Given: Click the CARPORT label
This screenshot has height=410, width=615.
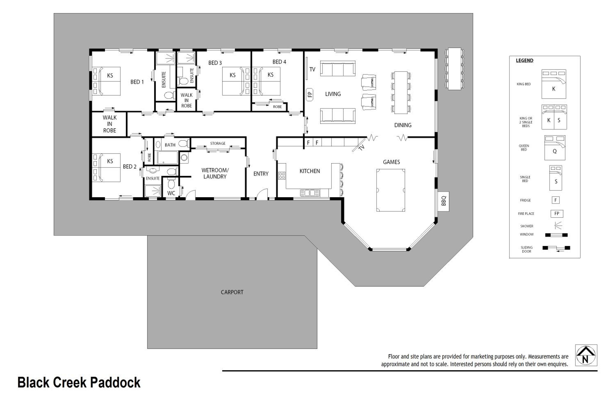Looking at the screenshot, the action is pyautogui.click(x=232, y=292).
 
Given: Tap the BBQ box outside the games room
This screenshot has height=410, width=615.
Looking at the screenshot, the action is pyautogui.click(x=443, y=201).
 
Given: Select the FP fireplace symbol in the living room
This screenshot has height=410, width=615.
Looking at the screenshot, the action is pyautogui.click(x=310, y=94).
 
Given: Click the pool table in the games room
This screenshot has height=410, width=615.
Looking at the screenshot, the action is pyautogui.click(x=391, y=190).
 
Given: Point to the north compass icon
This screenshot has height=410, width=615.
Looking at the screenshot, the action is pyautogui.click(x=586, y=355).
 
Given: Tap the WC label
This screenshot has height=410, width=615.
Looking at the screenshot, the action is pyautogui.click(x=171, y=193).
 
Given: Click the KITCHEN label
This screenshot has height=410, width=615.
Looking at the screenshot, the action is pyautogui.click(x=310, y=171).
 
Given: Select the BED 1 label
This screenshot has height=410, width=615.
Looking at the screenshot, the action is pyautogui.click(x=137, y=82).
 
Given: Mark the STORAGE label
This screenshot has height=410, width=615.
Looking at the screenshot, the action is pyautogui.click(x=218, y=143).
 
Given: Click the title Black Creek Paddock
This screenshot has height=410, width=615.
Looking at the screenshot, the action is pyautogui.click(x=79, y=383).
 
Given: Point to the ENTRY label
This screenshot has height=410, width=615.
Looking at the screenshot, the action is pyautogui.click(x=261, y=174).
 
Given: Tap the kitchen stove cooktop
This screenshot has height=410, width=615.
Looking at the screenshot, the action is pyautogui.click(x=282, y=175).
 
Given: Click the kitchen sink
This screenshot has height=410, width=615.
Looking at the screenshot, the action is pyautogui.click(x=310, y=193).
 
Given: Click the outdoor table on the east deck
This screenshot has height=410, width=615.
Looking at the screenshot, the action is pyautogui.click(x=454, y=69).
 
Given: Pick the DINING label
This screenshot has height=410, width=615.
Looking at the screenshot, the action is pyautogui.click(x=403, y=125).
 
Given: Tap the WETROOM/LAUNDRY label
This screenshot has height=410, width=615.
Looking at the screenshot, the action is pyautogui.click(x=215, y=173).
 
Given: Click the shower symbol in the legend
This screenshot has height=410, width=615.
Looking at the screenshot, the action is pyautogui.click(x=558, y=225).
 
